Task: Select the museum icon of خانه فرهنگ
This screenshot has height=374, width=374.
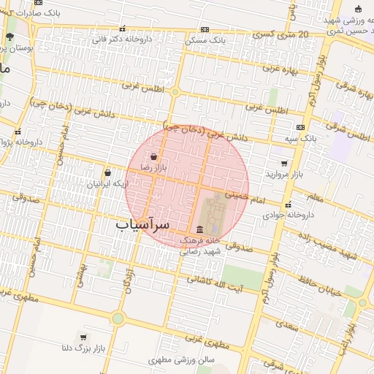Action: [199, 229]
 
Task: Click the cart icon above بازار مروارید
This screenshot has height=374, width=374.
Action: [284, 164]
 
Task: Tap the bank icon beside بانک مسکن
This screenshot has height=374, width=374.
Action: [205, 30]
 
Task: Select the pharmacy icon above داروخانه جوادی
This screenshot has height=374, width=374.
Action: [288, 205]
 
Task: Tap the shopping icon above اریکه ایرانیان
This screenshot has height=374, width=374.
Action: [108, 173]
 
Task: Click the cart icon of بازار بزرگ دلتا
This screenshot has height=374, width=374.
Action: [84, 337]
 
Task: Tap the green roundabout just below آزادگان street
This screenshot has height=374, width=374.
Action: [118, 318]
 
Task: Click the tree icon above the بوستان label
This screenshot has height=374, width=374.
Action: [9, 36]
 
